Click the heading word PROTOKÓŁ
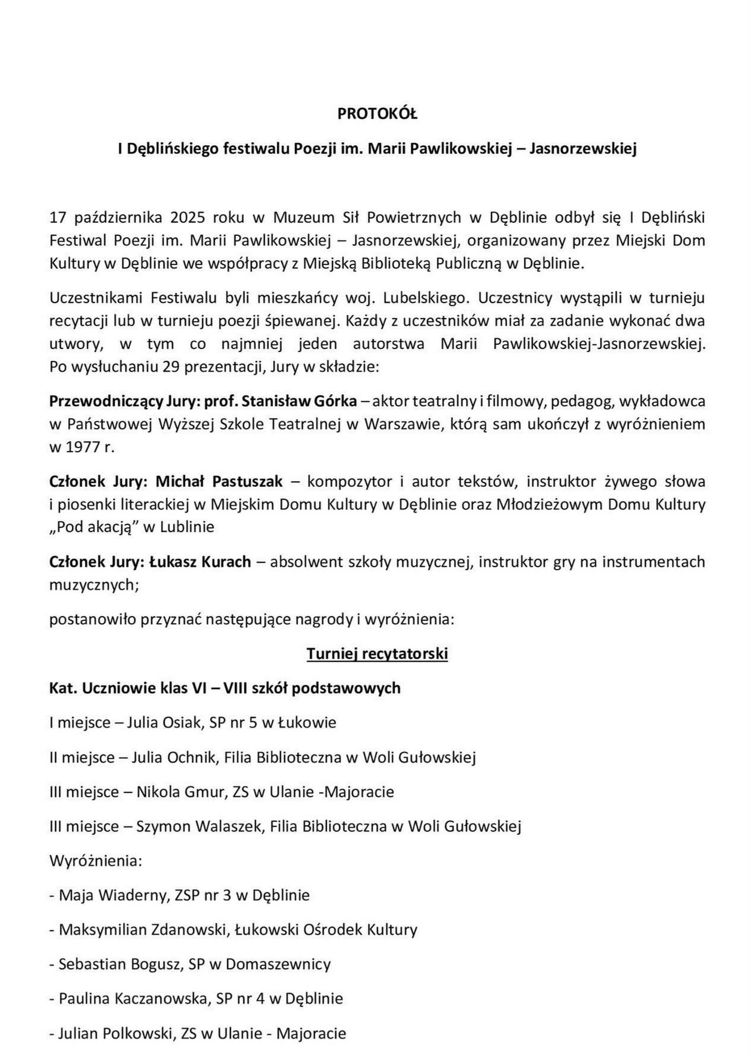click(x=377, y=114)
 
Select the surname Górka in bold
click(x=334, y=401)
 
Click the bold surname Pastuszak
click(x=247, y=481)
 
